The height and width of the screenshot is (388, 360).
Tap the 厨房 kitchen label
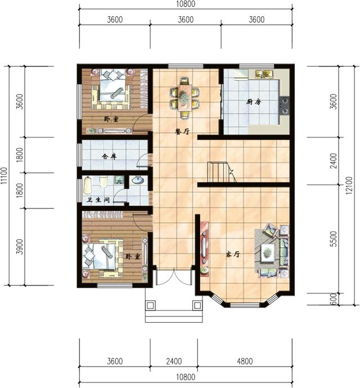254,102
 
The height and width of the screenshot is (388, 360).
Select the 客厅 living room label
233,255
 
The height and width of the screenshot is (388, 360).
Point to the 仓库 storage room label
109,157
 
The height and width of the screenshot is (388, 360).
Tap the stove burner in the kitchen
285,103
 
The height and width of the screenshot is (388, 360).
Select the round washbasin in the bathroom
138,181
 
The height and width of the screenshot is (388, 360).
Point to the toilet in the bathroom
88,184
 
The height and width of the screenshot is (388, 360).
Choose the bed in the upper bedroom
114,90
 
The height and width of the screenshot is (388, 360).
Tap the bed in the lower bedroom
105,256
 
